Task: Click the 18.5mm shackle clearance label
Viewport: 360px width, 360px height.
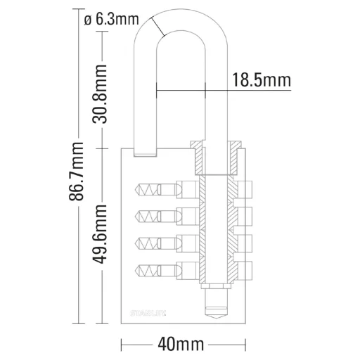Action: point(261,81)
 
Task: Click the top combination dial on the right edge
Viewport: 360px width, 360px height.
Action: point(245,189)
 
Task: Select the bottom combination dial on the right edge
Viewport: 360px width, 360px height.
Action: point(245,269)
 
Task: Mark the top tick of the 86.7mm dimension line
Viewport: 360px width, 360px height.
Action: point(77,11)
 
